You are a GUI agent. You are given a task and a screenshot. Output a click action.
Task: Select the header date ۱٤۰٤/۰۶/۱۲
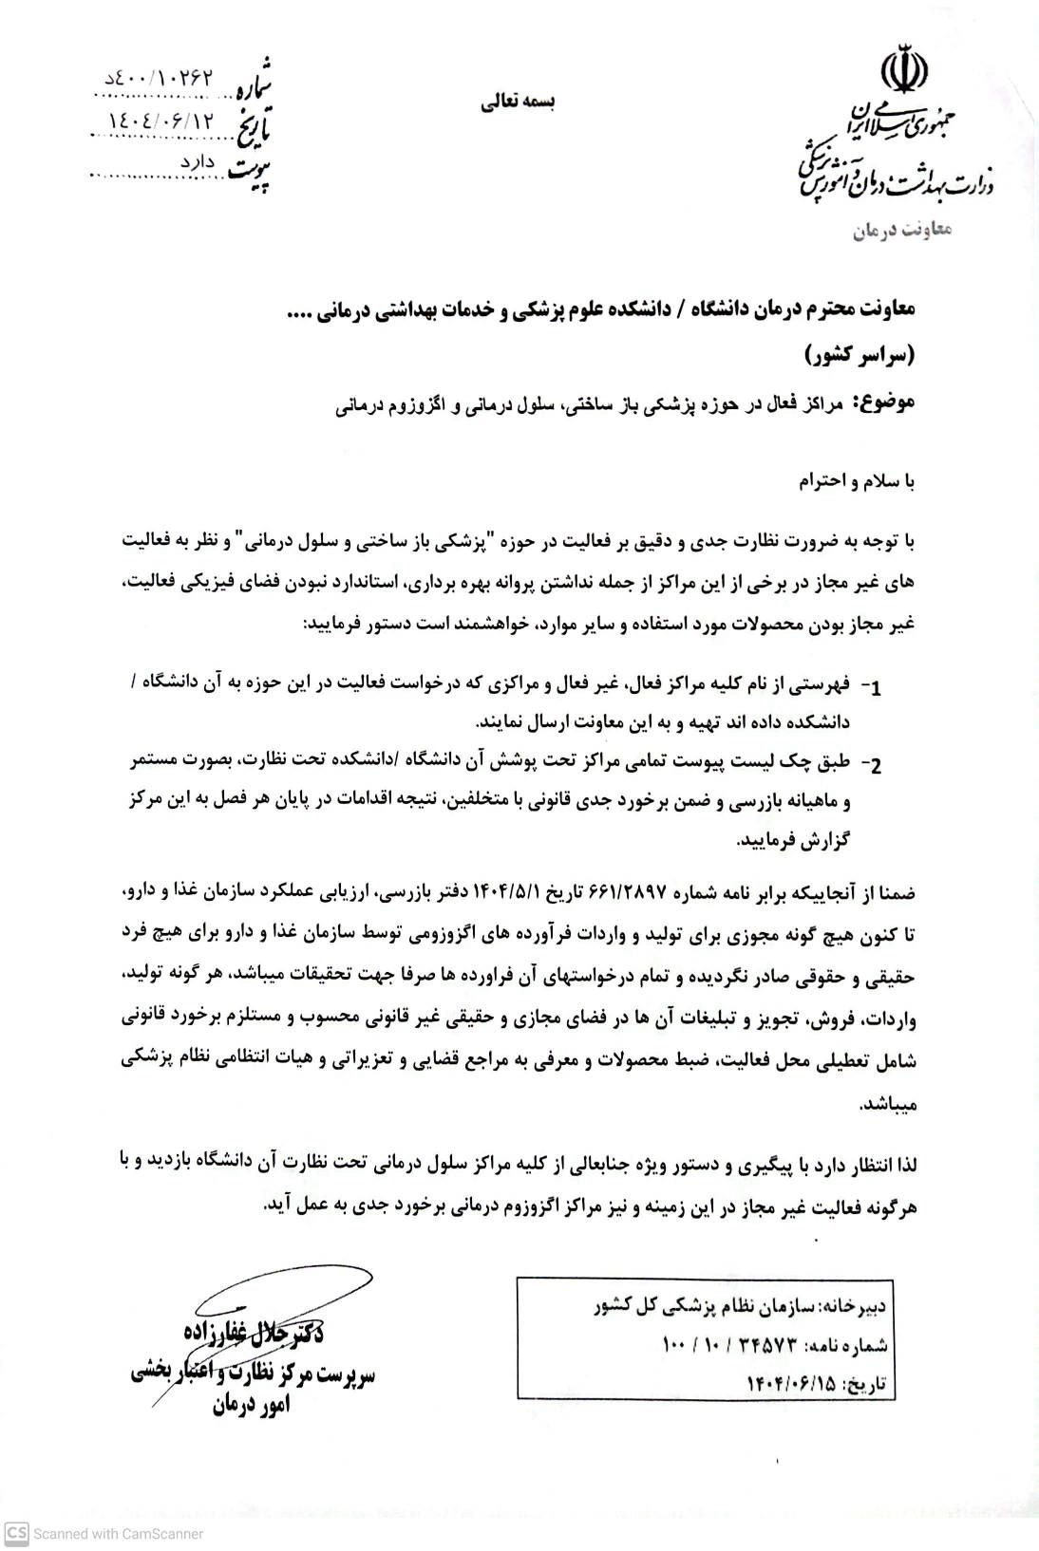(162, 121)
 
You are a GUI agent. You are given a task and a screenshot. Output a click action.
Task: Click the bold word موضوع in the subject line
(884, 402)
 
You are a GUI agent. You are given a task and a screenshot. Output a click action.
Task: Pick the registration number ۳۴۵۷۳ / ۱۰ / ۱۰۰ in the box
(727, 1346)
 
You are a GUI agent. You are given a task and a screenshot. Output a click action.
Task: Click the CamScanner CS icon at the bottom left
(16, 1533)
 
